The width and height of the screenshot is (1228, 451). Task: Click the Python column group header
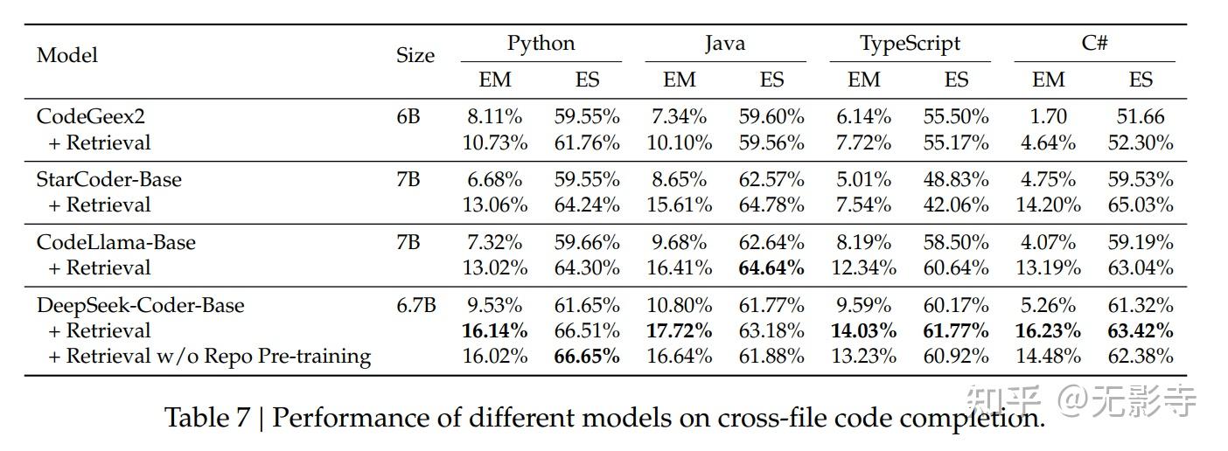pyautogui.click(x=541, y=44)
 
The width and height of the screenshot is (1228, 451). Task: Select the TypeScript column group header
pyautogui.click(x=910, y=44)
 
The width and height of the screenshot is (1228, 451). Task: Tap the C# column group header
pyautogui.click(x=1094, y=44)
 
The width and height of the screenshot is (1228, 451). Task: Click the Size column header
pyautogui.click(x=415, y=56)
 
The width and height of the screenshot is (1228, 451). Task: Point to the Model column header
pyautogui.click(x=67, y=55)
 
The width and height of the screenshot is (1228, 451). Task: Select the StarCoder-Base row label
pyautogui.click(x=108, y=180)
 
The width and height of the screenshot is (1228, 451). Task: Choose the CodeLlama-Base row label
pyautogui.click(x=115, y=242)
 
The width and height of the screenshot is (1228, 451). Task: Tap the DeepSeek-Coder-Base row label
pyautogui.click(x=140, y=305)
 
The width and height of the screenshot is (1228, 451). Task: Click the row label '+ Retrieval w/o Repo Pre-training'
pyautogui.click(x=210, y=357)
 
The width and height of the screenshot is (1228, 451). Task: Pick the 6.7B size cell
pyautogui.click(x=416, y=305)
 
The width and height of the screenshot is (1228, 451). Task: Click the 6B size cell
pyautogui.click(x=408, y=117)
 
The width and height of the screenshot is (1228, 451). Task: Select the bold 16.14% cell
pyautogui.click(x=495, y=330)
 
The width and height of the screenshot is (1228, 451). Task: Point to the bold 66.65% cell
pyautogui.click(x=587, y=357)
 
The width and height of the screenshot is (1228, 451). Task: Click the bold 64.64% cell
pyautogui.click(x=771, y=267)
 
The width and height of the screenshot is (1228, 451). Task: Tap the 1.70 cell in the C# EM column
pyautogui.click(x=1049, y=117)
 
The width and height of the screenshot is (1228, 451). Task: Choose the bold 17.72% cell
pyautogui.click(x=679, y=330)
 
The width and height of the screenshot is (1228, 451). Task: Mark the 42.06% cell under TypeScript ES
pyautogui.click(x=956, y=205)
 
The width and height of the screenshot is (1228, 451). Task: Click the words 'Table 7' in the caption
pyautogui.click(x=207, y=418)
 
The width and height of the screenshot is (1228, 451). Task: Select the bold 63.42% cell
pyautogui.click(x=1141, y=330)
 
